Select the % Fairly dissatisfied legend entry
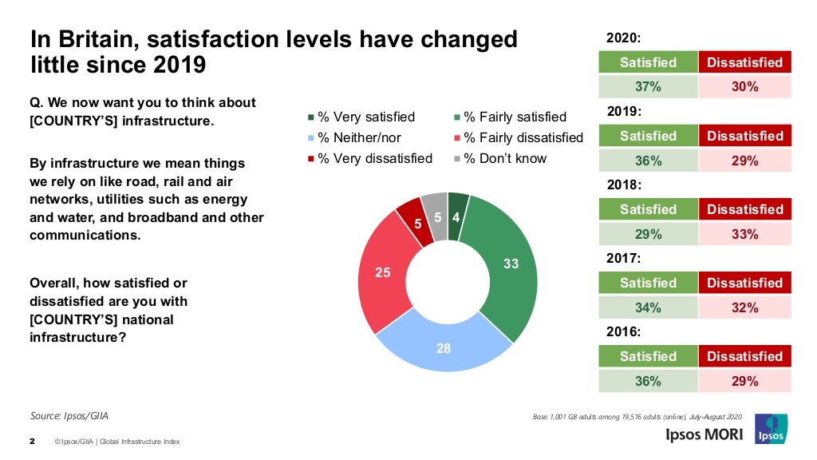tap(518, 138)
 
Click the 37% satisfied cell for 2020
tap(648, 87)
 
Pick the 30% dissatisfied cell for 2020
tap(744, 87)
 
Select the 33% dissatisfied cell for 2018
tap(744, 234)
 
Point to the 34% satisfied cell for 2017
tap(648, 307)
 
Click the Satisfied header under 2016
tap(648, 356)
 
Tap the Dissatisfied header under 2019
tap(744, 136)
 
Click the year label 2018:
tap(624, 184)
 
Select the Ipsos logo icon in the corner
tap(770, 428)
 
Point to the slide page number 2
tap(32, 441)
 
